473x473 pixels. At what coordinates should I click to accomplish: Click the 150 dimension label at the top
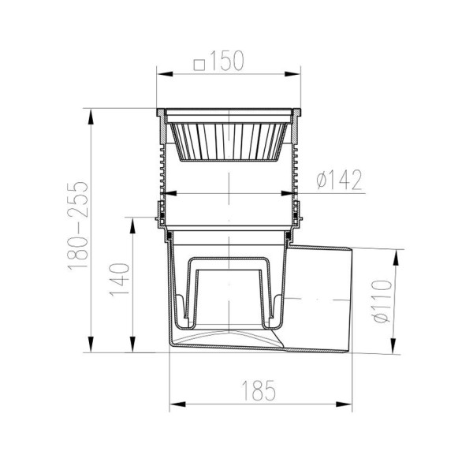[226, 61]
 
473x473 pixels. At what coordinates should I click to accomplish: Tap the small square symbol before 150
[199, 65]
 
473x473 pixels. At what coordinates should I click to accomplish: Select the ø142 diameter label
[339, 180]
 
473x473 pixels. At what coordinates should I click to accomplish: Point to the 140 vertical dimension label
[120, 280]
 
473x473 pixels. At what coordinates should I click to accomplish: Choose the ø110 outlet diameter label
[382, 301]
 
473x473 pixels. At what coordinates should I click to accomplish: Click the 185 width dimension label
[259, 390]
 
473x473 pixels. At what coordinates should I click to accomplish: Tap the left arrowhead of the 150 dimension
[165, 74]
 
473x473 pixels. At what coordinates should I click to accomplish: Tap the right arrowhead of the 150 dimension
[292, 74]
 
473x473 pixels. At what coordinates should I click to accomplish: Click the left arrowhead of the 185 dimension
[177, 404]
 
